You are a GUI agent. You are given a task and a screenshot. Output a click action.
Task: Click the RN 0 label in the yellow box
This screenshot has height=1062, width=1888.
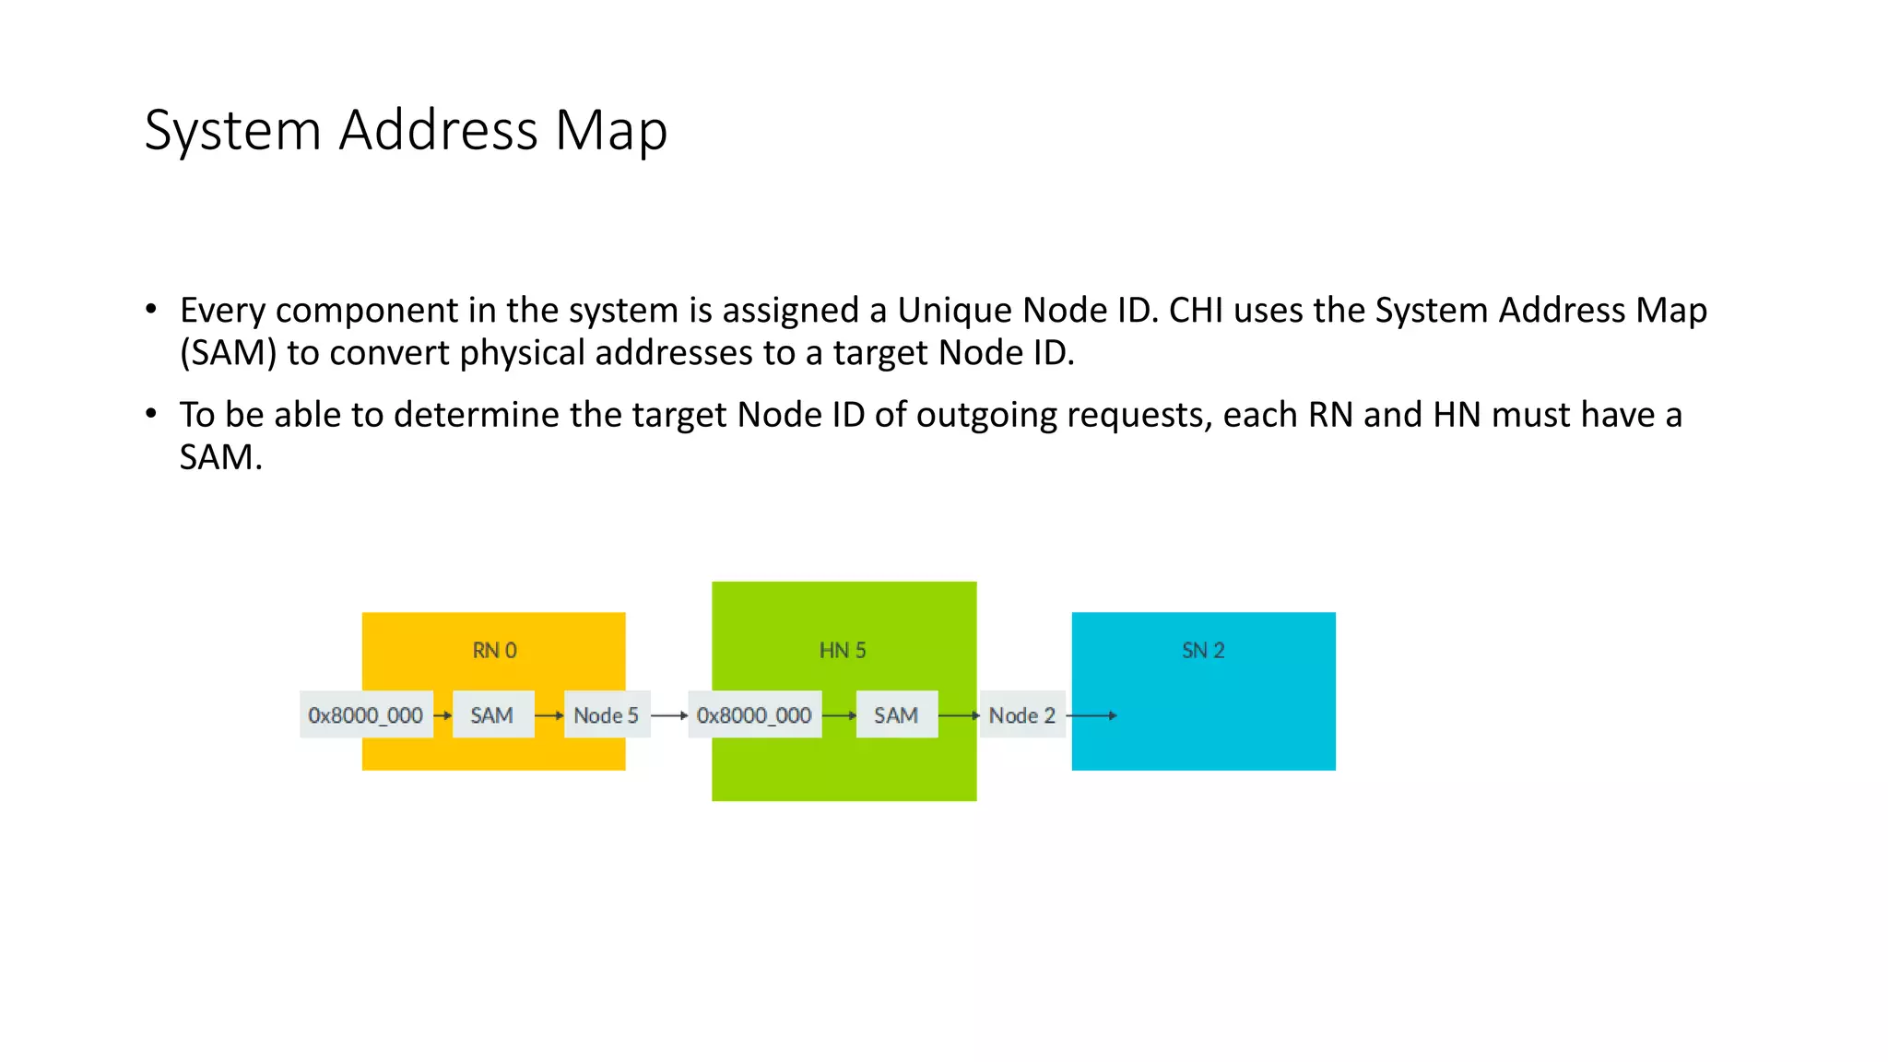pyautogui.click(x=494, y=651)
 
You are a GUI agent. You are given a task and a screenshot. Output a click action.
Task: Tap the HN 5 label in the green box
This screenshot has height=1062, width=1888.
pyautogui.click(x=843, y=651)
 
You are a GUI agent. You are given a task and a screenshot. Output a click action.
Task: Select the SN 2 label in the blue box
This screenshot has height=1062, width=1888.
pyautogui.click(x=1203, y=651)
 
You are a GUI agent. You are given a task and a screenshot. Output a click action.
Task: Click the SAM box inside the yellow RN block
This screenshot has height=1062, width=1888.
pyautogui.click(x=492, y=715)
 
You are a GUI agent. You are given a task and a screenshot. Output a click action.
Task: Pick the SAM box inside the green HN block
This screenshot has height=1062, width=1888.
pyautogui.click(x=896, y=715)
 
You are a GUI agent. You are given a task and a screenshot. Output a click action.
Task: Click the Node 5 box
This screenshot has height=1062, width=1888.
pyautogui.click(x=607, y=715)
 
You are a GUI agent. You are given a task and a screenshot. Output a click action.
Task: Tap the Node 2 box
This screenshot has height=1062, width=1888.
pyautogui.click(x=1021, y=715)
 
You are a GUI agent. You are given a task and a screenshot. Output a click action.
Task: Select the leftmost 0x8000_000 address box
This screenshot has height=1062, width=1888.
pyautogui.click(x=366, y=715)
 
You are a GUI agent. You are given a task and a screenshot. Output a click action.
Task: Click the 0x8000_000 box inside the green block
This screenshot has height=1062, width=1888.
pyautogui.click(x=754, y=715)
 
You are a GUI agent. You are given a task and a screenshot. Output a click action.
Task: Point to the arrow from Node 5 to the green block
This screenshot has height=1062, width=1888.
pyautogui.click(x=669, y=715)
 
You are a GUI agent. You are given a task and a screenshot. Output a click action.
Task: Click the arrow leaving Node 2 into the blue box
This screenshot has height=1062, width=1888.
pyautogui.click(x=1091, y=715)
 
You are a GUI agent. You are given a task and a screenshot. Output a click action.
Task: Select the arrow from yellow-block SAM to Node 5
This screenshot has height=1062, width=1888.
pyautogui.click(x=549, y=715)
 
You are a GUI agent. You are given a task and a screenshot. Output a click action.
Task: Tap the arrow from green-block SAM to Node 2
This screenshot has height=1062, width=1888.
pyautogui.click(x=959, y=715)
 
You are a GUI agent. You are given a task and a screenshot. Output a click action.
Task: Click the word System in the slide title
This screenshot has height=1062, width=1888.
pyautogui.click(x=232, y=131)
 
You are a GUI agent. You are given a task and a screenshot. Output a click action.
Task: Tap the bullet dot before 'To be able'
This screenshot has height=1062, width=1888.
pyautogui.click(x=151, y=414)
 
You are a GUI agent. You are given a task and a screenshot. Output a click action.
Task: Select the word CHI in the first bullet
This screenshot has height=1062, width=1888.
pyautogui.click(x=1196, y=311)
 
